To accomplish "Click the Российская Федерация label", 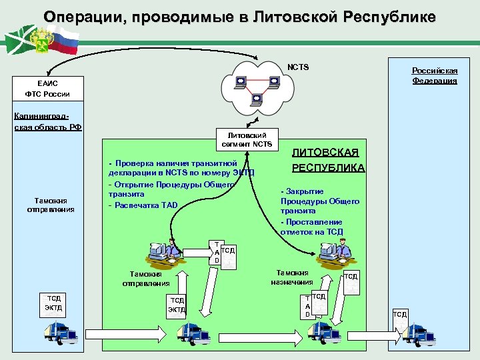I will (434, 75).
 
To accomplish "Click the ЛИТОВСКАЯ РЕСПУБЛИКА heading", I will (328, 160).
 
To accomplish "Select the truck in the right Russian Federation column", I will (417, 332).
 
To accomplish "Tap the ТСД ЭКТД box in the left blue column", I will (53, 303).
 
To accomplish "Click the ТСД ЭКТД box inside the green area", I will (177, 305).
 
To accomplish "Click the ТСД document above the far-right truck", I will (399, 314).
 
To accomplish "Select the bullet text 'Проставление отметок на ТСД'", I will (311, 227).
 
